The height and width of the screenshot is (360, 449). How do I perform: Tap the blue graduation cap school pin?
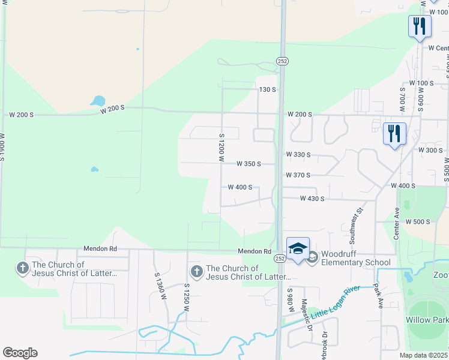[x=298, y=249]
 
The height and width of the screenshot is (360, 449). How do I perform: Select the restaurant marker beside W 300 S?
[x=394, y=134]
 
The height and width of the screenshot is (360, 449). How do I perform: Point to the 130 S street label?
[x=267, y=89]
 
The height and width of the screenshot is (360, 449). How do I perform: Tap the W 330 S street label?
[x=298, y=155]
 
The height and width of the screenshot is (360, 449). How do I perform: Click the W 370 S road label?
[x=298, y=175]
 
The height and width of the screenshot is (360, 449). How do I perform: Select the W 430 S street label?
[x=312, y=199]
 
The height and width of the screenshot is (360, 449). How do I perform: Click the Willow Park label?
[x=427, y=320]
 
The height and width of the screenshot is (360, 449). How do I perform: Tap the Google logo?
[x=20, y=353]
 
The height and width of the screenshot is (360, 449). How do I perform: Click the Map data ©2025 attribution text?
[x=424, y=355]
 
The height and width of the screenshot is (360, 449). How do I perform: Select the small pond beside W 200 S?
[x=97, y=101]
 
